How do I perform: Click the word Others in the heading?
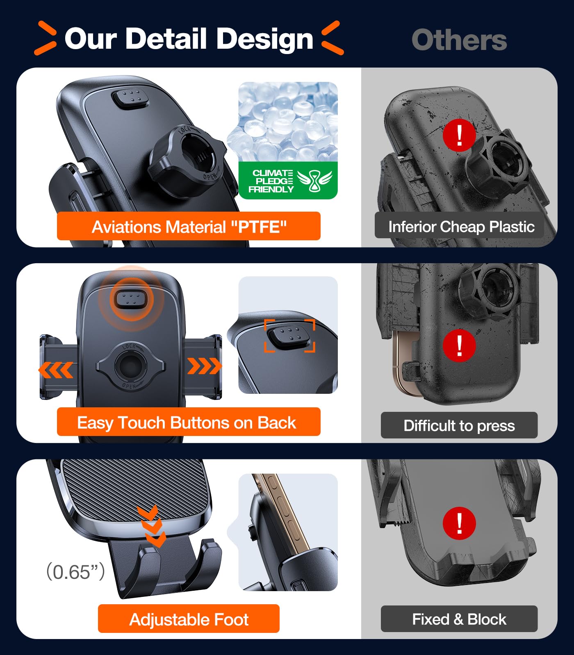[459, 40]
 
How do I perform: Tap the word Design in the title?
[264, 39]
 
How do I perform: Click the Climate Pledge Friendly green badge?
[288, 181]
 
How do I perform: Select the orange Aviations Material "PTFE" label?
[189, 226]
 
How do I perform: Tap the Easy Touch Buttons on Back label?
[188, 422]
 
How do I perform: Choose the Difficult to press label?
[459, 425]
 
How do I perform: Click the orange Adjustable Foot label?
[189, 619]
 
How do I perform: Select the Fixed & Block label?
[459, 619]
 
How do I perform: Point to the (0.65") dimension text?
[75, 571]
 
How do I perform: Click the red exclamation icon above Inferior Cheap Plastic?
[459, 135]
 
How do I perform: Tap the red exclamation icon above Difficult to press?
[459, 345]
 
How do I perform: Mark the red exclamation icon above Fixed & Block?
[459, 523]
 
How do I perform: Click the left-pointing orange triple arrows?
[56, 370]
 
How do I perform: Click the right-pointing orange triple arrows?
[204, 366]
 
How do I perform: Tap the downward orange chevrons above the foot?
[151, 526]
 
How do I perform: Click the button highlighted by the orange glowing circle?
[130, 299]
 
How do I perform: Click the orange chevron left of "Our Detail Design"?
[46, 38]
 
